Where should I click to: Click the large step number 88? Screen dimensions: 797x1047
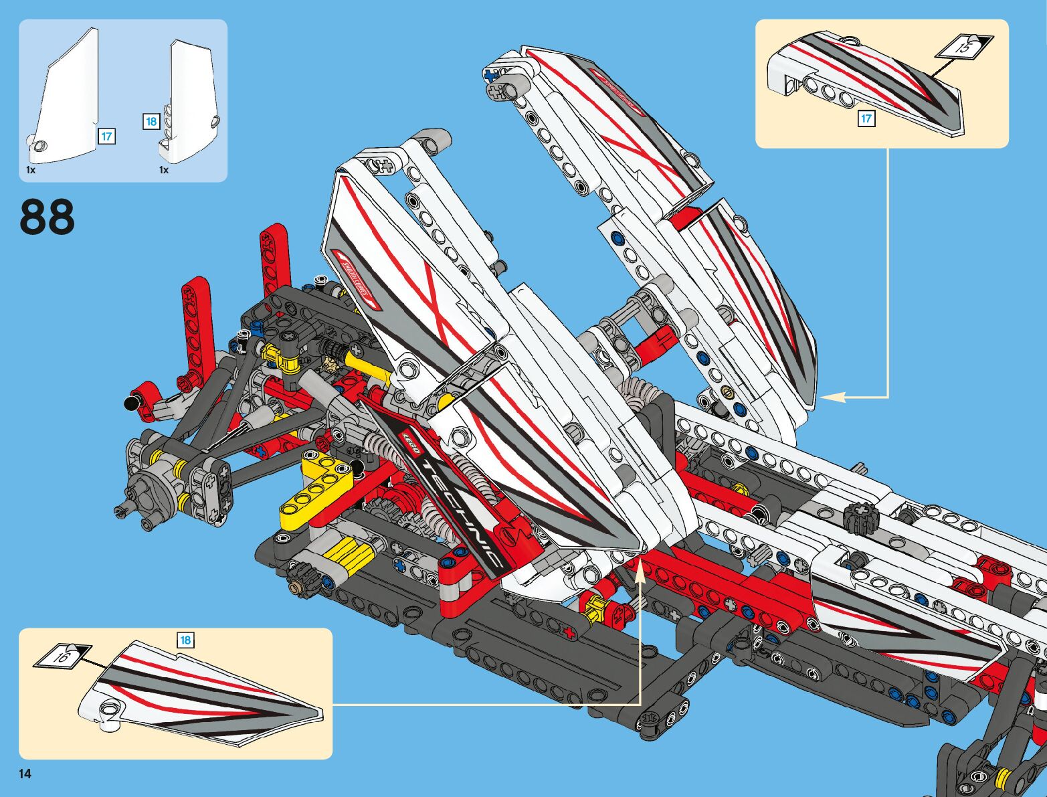tap(47, 217)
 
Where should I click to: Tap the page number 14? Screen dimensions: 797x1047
tap(25, 774)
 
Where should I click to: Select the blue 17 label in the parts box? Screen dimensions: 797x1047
tap(106, 137)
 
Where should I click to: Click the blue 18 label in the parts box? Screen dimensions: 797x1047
tap(151, 121)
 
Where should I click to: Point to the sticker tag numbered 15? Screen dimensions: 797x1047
tap(963, 47)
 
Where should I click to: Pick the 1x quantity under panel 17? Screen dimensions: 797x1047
tap(31, 170)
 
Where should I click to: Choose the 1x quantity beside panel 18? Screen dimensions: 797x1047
tap(164, 170)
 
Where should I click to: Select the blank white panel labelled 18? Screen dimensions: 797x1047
tap(193, 100)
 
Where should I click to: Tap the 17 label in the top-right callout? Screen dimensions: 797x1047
tap(866, 118)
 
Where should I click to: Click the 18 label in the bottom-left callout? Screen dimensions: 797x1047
tap(185, 640)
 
